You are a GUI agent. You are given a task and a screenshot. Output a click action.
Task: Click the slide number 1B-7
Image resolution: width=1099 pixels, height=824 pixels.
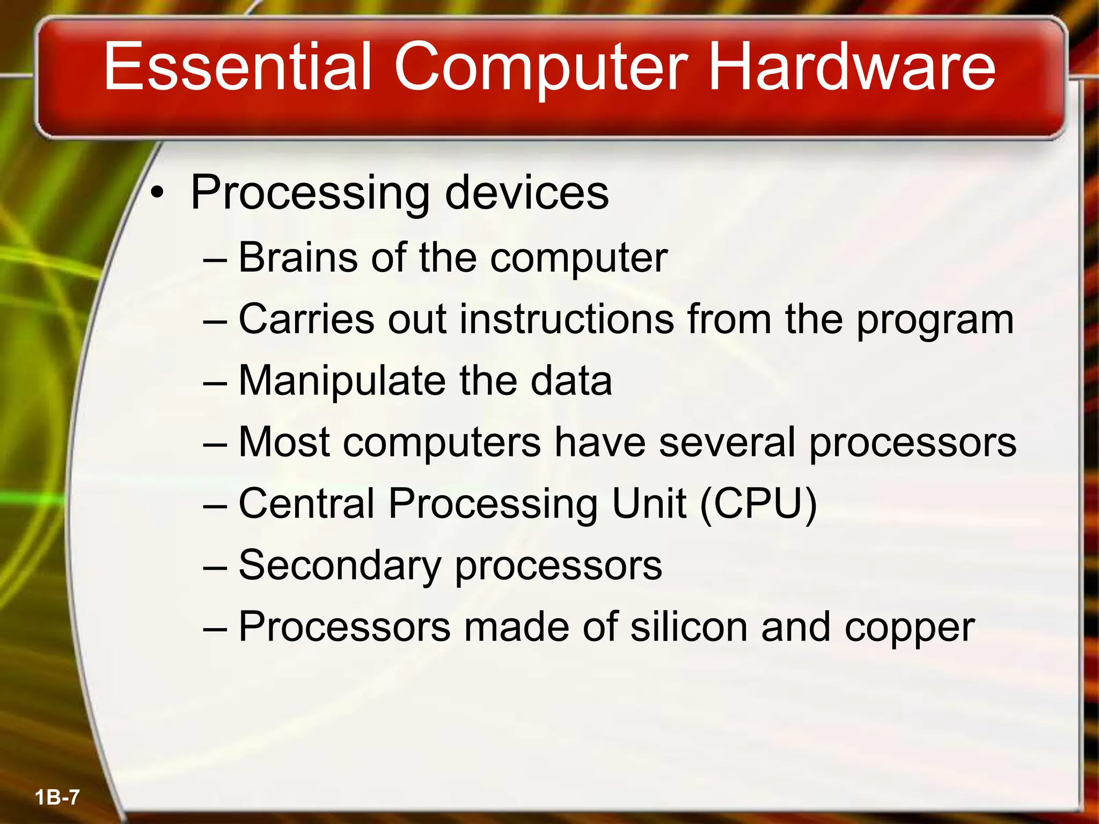57,797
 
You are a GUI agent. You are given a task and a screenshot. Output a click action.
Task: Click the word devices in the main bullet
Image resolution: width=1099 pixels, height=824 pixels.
526,193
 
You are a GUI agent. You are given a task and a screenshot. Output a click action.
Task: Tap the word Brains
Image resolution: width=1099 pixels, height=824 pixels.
298,257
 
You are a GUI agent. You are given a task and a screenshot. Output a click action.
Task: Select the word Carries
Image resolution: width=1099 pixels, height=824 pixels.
306,319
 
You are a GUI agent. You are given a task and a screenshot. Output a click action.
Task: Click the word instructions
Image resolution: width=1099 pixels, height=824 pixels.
566,319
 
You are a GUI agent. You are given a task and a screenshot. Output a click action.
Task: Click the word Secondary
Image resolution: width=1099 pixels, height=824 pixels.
340,566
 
